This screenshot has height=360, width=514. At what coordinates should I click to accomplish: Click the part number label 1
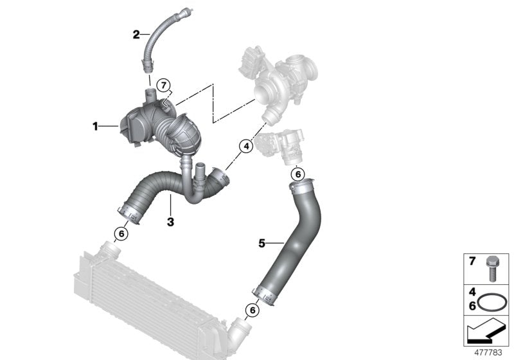tap(95, 127)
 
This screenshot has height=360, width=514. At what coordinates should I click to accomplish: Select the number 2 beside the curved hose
tap(136, 34)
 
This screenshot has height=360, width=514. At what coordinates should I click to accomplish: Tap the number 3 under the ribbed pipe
tap(170, 222)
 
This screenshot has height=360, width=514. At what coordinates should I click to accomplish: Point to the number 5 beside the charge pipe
tap(262, 243)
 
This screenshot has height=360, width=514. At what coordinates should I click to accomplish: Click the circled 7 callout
tap(163, 85)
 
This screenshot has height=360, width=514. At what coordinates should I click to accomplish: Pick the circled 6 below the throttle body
tap(297, 174)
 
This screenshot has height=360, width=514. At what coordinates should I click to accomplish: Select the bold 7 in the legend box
tap(472, 262)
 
